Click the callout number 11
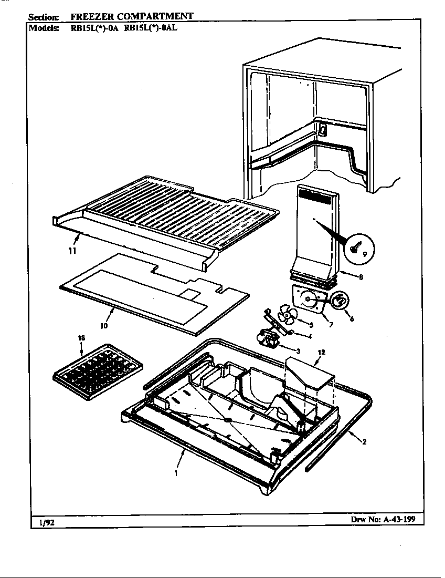[72, 251]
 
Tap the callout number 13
[81, 337]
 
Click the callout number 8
[361, 278]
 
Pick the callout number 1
[175, 473]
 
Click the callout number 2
[364, 442]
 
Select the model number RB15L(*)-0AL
[151, 28]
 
